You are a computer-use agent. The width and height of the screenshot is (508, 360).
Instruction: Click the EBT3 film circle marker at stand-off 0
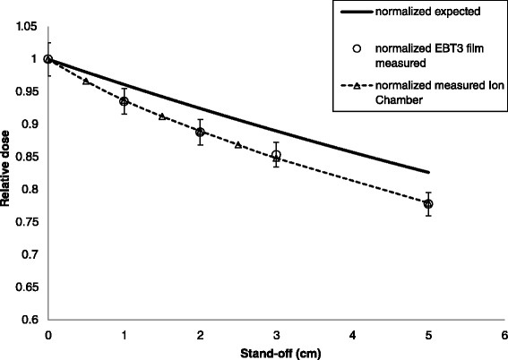tap(47, 60)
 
